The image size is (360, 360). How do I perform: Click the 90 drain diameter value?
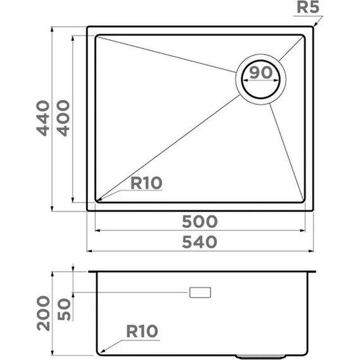point(260,73)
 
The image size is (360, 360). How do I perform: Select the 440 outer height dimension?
point(42,117)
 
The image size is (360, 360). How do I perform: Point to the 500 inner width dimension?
point(200,221)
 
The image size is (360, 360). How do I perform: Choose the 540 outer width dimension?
point(200,241)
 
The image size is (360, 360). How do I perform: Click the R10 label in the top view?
point(147,184)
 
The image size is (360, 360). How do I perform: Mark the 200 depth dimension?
point(42,313)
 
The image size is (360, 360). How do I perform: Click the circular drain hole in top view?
point(260,80)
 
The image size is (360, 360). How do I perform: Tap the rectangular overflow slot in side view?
point(201,293)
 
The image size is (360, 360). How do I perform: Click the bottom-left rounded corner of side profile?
point(99,348)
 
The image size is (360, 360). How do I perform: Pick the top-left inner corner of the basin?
point(96,35)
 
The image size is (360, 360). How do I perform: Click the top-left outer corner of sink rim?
point(88,27)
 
